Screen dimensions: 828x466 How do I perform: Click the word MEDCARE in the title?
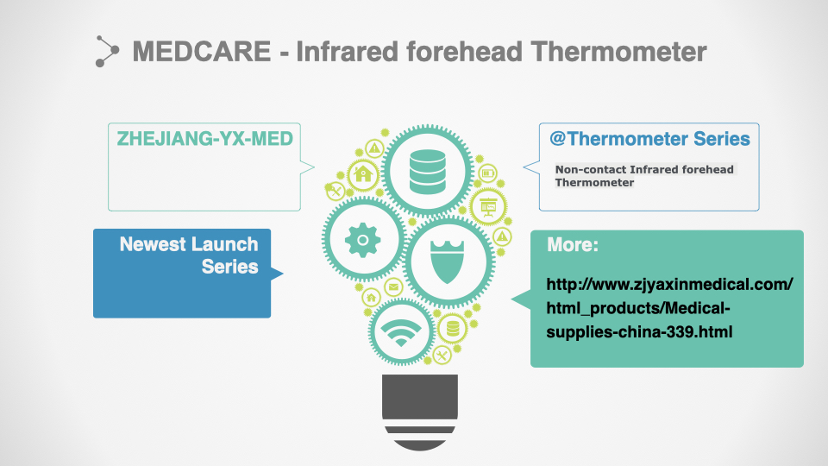coord(201,52)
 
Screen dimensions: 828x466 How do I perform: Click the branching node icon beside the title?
coord(107,51)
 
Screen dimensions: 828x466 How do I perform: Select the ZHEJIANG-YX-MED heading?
coord(205,138)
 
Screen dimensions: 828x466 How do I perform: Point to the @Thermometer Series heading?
coord(649,138)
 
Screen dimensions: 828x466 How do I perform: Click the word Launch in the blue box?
coord(224,244)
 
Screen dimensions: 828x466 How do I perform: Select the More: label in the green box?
coord(573,244)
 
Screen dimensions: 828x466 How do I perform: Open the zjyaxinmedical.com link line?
coord(669,285)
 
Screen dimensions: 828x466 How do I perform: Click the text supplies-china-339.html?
coord(639,332)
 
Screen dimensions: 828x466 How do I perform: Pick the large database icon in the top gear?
coord(427,172)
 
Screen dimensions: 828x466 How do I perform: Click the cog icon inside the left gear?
coord(363,240)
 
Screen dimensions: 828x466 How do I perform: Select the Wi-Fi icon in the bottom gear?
coord(401,332)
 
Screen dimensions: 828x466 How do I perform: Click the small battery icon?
coord(488,173)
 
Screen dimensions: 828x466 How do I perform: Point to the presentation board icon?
coord(488,206)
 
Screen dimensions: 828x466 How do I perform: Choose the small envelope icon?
coord(393,287)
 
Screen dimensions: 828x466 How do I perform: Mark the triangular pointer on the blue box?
coord(277,274)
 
